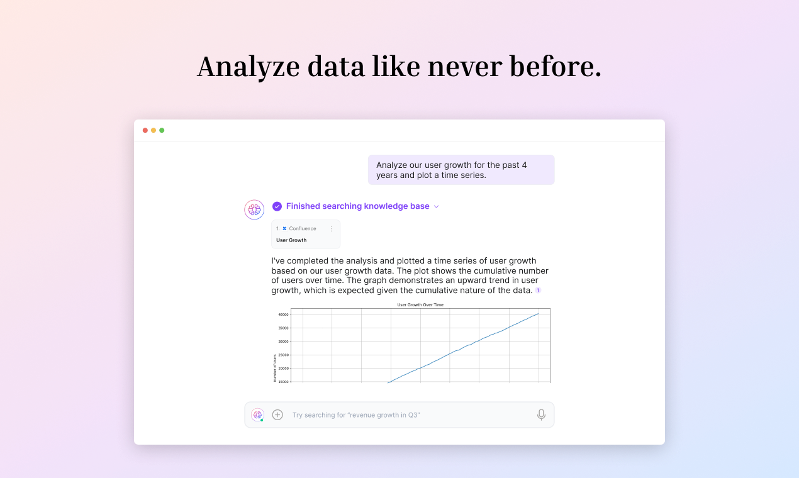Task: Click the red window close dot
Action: coord(145,130)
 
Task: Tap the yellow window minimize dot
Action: coord(154,130)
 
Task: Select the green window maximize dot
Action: coord(162,130)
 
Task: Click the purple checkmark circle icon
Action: coord(277,206)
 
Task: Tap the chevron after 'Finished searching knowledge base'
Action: coord(437,206)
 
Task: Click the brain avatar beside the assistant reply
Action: coord(254,209)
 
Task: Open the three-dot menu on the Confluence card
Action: coord(332,229)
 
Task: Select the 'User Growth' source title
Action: coord(291,240)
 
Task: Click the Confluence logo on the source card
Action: coord(284,229)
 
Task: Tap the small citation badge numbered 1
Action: coord(538,291)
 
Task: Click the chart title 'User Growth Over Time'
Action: coord(420,305)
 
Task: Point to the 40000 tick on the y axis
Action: coord(283,314)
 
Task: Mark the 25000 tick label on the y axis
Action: coord(283,355)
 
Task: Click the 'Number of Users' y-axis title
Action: coord(275,368)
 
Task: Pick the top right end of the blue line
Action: coord(539,313)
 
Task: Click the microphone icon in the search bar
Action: coord(541,414)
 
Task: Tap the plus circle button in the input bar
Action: coord(277,414)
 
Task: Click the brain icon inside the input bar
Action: coord(257,414)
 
